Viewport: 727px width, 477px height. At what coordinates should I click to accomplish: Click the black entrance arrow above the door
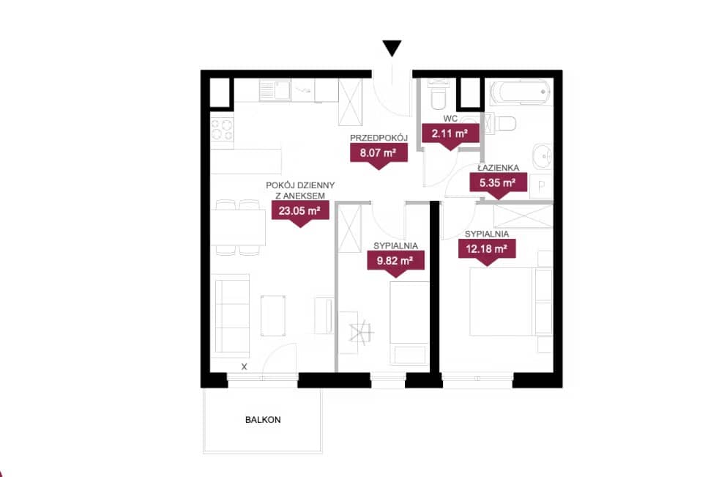tap(392, 48)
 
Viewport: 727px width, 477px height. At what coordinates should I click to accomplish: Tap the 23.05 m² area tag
tap(300, 212)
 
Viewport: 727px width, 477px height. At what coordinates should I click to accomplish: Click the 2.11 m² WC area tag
tap(450, 136)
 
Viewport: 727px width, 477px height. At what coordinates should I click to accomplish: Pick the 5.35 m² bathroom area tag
tap(498, 185)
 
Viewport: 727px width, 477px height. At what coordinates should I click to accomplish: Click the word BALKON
tap(263, 420)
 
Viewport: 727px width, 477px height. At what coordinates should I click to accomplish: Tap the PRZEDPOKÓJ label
tap(379, 138)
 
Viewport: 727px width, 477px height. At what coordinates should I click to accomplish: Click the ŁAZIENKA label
tap(499, 168)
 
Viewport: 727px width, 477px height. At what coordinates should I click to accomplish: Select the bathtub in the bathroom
tap(521, 92)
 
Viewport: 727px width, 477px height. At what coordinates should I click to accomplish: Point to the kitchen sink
tap(275, 90)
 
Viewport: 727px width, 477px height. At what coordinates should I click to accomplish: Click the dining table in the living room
tap(238, 227)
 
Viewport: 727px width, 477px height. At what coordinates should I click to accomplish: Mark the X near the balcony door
tap(245, 366)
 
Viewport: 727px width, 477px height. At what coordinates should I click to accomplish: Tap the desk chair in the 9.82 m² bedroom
tap(361, 332)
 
